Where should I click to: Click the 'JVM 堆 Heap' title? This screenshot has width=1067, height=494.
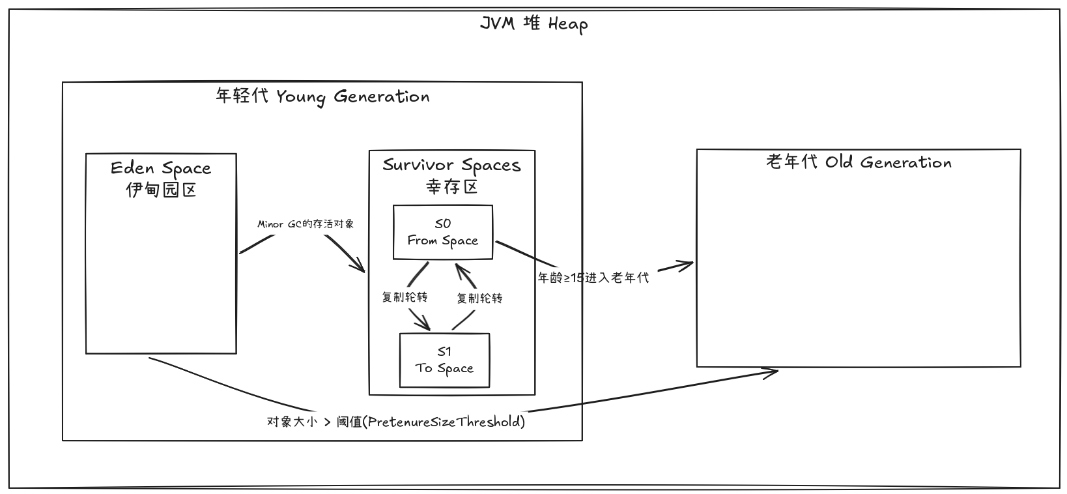coord(533,24)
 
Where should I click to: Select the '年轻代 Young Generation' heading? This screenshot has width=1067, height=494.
coord(322,97)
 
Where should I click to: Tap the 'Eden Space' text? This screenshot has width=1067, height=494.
coord(161,168)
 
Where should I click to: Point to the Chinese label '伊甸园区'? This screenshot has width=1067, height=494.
coord(161,190)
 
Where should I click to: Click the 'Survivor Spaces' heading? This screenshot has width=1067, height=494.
coord(451,165)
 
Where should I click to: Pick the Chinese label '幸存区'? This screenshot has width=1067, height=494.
coord(452,187)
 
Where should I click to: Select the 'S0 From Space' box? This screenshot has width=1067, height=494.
coord(443,232)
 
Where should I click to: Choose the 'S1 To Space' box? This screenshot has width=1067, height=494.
coord(444,360)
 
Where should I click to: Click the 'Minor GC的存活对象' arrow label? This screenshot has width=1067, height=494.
coord(306,224)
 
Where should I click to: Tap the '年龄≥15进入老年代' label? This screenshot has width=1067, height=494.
coord(593,278)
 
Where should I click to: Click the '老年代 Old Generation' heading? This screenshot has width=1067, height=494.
coord(859,162)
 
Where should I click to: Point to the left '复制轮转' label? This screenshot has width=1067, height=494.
coord(405,297)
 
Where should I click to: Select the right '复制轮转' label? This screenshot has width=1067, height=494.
coord(479,298)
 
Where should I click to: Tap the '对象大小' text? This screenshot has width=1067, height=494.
coord(292,422)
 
